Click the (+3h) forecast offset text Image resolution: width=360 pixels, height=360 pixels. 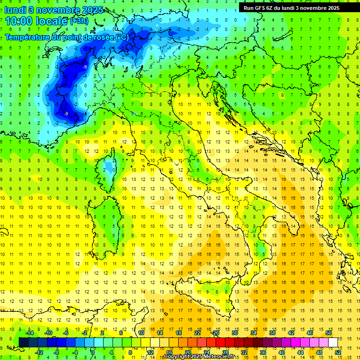pos(78,21)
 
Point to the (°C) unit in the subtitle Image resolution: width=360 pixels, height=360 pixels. pos(122,37)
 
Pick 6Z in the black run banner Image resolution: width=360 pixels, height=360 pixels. pos(271,8)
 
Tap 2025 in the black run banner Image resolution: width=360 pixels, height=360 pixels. pos(331,8)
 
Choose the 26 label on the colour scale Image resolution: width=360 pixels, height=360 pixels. pos(216,333)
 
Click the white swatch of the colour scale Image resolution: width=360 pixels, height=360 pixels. pos(333,343)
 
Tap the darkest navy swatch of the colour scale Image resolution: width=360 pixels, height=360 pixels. pos(23,343)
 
